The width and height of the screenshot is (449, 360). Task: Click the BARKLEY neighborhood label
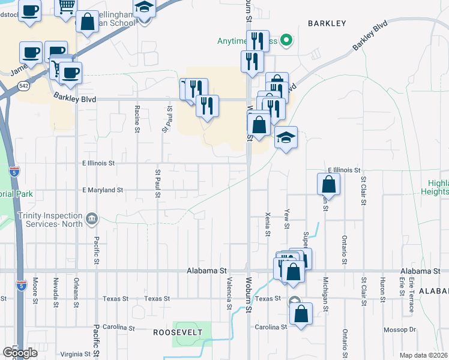tap(327, 23)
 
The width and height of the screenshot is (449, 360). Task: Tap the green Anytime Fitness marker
tap(287, 41)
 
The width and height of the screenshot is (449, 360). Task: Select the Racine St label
tap(137, 118)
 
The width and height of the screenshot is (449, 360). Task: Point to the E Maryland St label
tap(103, 190)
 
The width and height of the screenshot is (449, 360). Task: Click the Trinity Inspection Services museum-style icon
tap(91, 218)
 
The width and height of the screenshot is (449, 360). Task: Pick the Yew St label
tap(288, 220)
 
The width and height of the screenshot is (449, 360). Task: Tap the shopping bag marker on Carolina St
tap(301, 313)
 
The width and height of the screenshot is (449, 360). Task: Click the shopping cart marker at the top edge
tap(66, 6)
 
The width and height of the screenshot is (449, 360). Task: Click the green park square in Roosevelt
tap(187, 334)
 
